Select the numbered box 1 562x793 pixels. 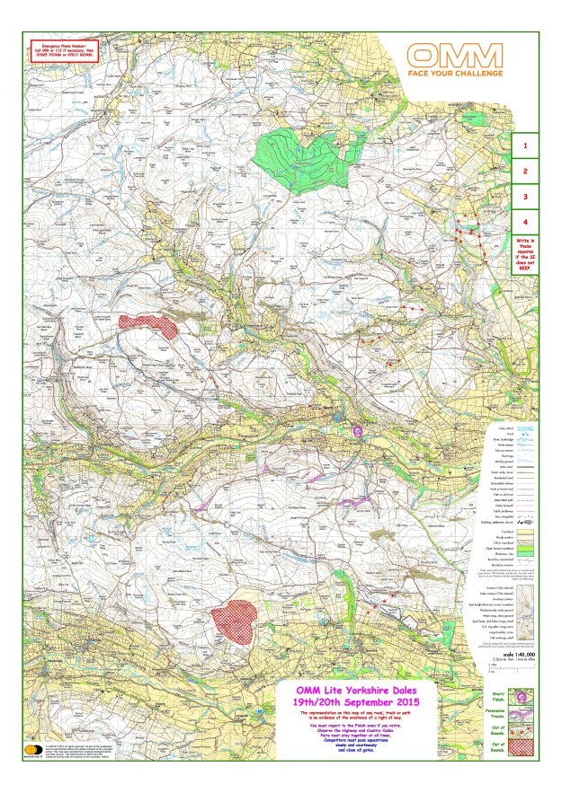tap(524, 144)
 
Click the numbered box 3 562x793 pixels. tap(524, 196)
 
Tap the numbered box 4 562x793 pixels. tap(524, 221)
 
